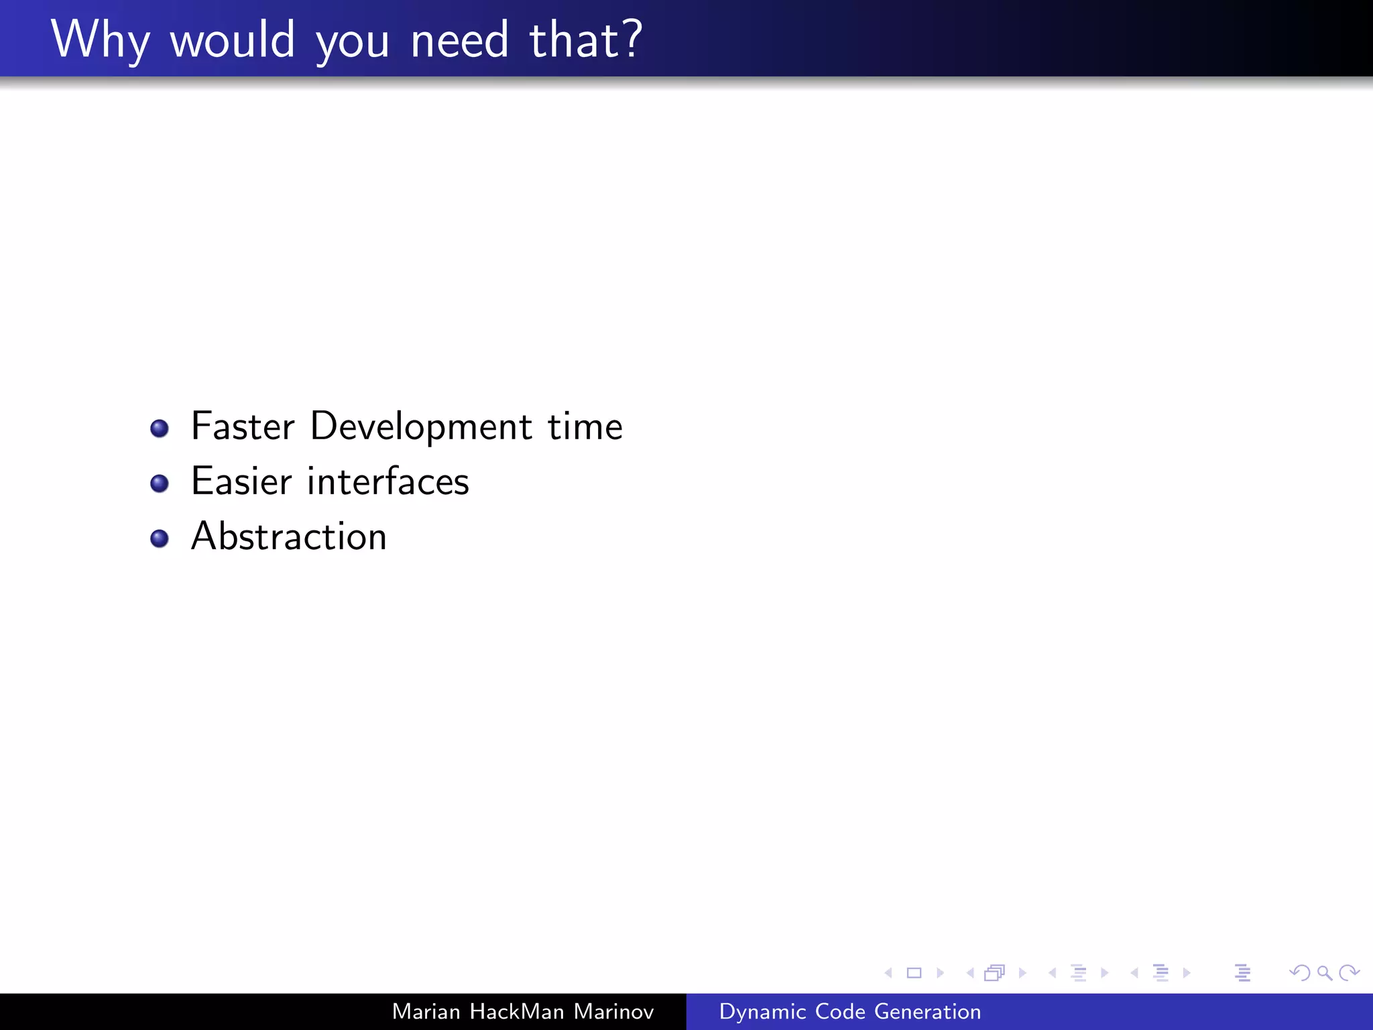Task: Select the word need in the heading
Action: (x=460, y=40)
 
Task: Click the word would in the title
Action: (x=232, y=40)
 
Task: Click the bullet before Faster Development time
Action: (x=160, y=428)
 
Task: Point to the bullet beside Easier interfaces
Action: (x=160, y=483)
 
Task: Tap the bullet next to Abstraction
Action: (x=160, y=538)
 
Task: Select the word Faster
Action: (x=243, y=426)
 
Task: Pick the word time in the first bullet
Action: (x=585, y=426)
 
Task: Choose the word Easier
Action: (x=241, y=481)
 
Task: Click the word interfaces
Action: (x=387, y=481)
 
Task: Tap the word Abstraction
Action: (x=289, y=536)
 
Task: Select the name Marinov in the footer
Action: (x=613, y=1011)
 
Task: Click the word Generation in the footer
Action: (x=927, y=1011)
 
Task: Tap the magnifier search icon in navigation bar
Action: (x=1324, y=973)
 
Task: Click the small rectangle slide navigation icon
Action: (x=914, y=973)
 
